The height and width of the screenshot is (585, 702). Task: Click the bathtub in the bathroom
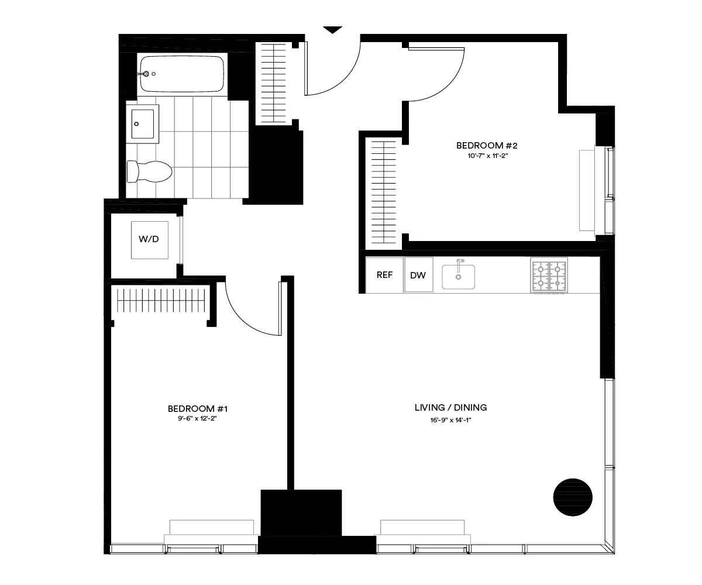182,74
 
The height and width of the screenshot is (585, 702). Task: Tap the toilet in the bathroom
150,172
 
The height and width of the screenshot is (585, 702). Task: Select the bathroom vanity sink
143,124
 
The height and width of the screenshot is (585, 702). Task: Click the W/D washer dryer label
149,239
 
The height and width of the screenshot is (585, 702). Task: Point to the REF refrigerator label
384,275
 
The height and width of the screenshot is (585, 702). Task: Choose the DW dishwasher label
418,276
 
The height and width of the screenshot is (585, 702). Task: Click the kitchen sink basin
458,277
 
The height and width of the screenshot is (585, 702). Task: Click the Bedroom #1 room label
193,408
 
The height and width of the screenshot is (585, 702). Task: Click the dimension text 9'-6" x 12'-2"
193,419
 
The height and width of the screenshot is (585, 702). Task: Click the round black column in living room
573,497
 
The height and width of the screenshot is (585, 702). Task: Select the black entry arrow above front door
332,30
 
